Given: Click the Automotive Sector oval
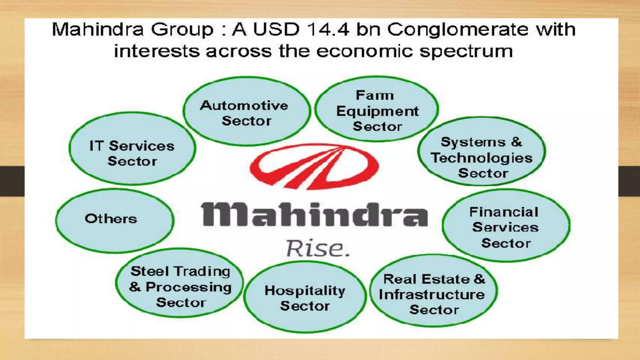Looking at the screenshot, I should point(247,112).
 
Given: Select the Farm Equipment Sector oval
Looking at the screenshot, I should point(377,109).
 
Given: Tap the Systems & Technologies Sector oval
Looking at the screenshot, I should point(482,152).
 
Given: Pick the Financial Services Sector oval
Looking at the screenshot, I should point(506,226).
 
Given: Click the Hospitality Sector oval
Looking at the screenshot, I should point(305,297).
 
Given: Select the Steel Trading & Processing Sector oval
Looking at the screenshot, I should point(180,283).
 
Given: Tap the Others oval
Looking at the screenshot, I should point(115,221).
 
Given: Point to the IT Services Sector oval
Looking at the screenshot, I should point(132,149).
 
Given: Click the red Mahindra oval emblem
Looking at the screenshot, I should point(314,166).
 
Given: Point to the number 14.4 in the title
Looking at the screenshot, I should point(328,30).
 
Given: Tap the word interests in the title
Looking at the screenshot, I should point(157,51).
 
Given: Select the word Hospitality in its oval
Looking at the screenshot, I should point(305,291).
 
